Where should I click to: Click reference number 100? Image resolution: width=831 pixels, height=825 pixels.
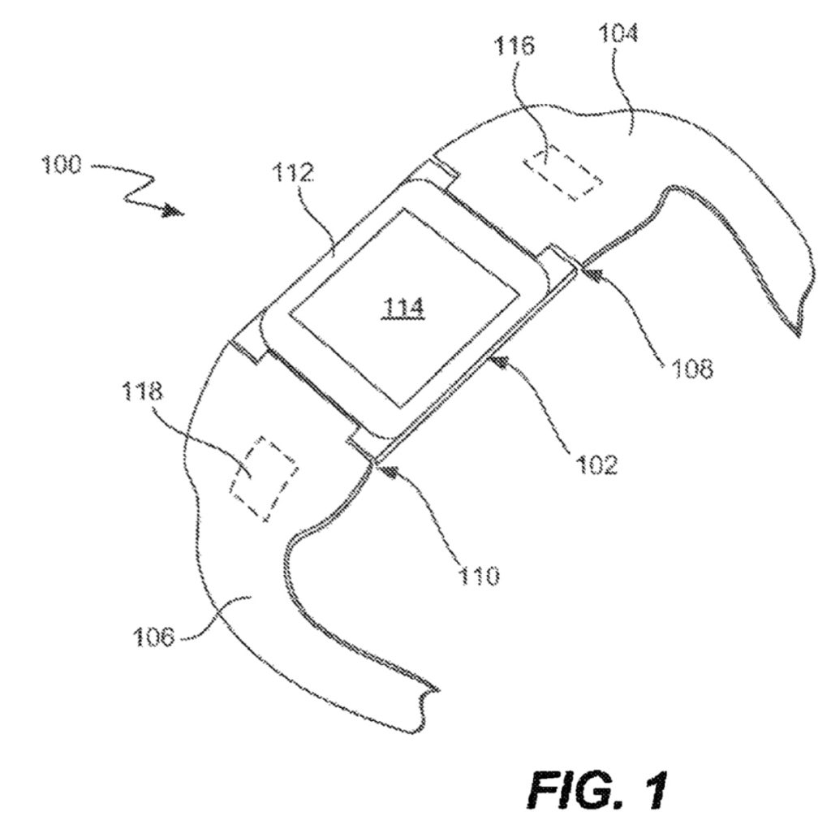[61, 164]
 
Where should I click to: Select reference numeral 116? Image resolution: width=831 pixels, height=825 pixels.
[515, 46]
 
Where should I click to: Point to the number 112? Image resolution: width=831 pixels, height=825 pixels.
[294, 172]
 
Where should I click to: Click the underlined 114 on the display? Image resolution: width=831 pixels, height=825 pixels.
[404, 308]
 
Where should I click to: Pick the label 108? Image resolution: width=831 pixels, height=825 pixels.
[693, 368]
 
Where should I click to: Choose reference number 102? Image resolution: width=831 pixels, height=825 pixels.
[596, 464]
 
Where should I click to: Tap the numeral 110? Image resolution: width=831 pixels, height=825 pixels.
[479, 575]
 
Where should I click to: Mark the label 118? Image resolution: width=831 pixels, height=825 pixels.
[143, 392]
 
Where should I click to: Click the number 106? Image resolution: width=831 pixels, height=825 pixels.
[153, 637]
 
